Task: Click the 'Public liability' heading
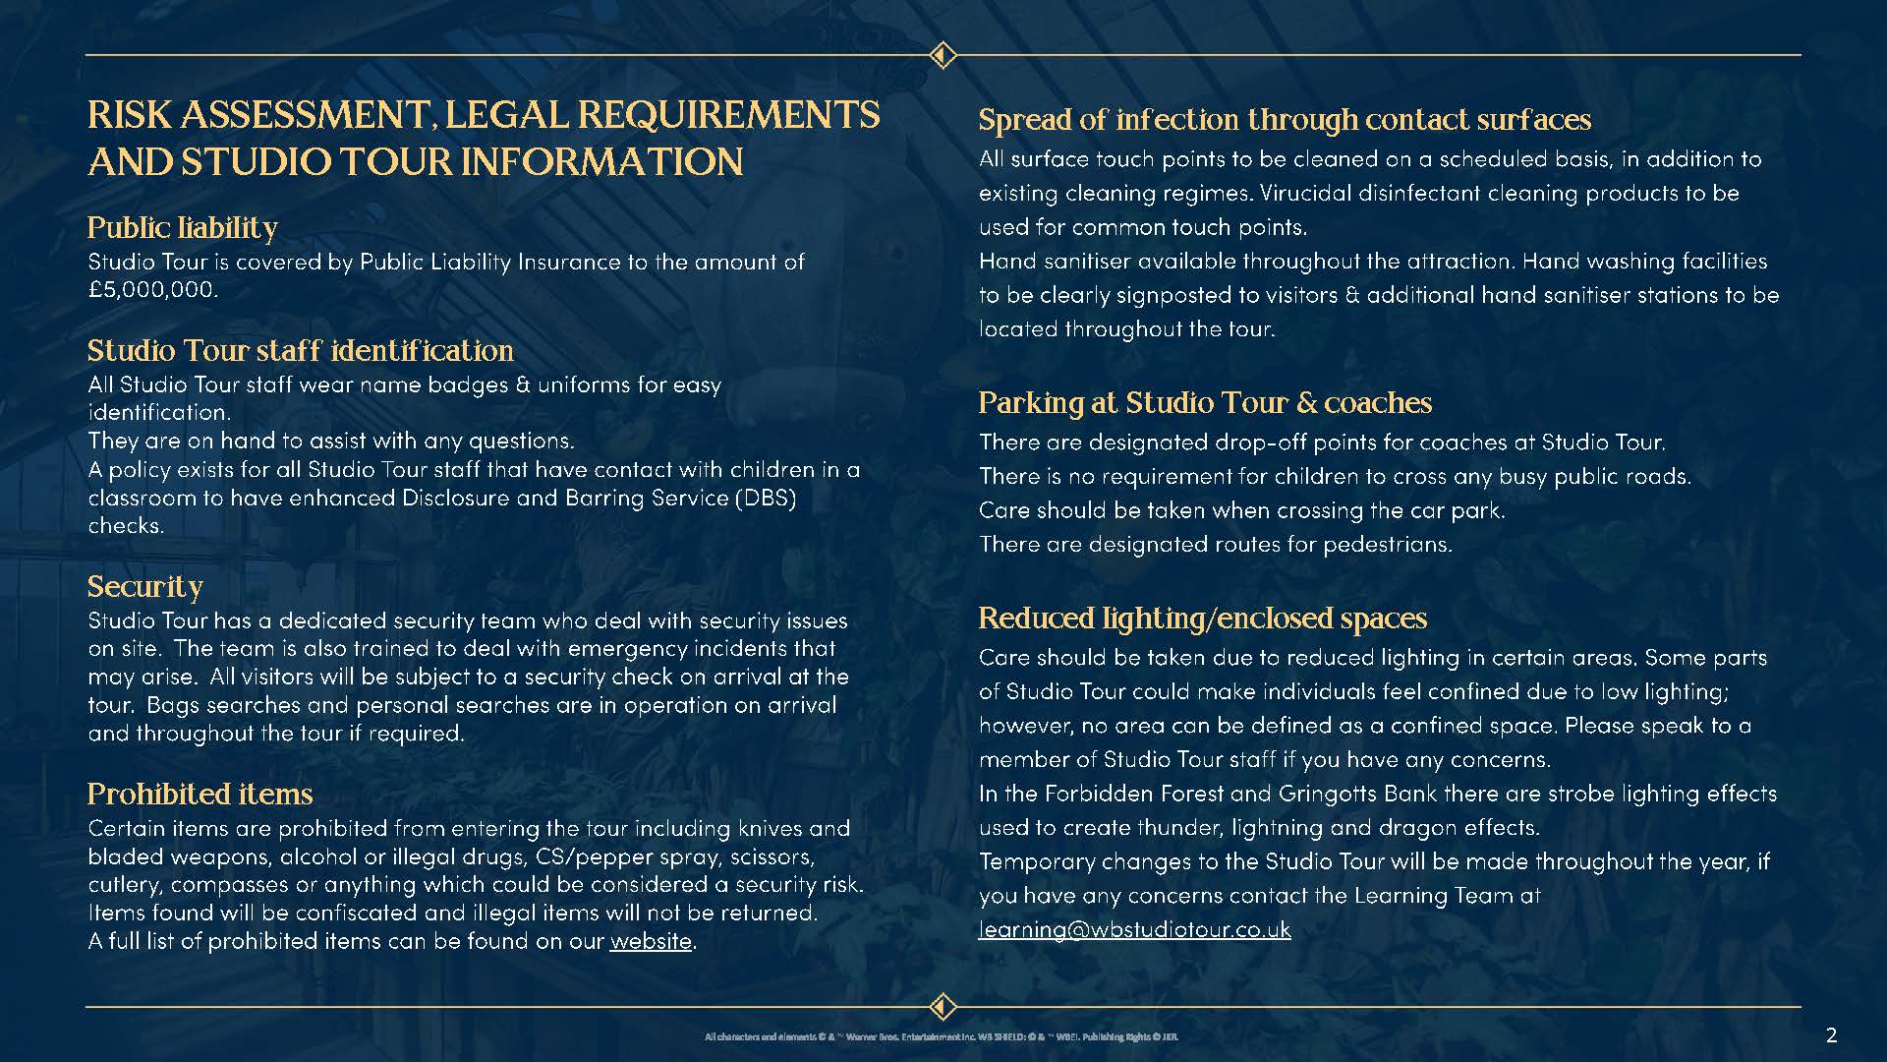182,228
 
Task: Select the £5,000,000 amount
151,290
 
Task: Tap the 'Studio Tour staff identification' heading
300,351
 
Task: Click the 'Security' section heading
144,587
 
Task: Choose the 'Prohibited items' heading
200,795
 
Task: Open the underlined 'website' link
651,941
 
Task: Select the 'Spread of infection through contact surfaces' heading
1285,120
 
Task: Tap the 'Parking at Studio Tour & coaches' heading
1205,403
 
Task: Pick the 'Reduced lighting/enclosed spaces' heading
1202,619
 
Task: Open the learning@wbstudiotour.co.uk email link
1135,930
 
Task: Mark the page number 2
1831,1034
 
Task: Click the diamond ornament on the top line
943,55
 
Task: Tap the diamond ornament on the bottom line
943,1007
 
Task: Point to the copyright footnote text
942,1036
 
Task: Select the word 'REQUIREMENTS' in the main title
728,116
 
